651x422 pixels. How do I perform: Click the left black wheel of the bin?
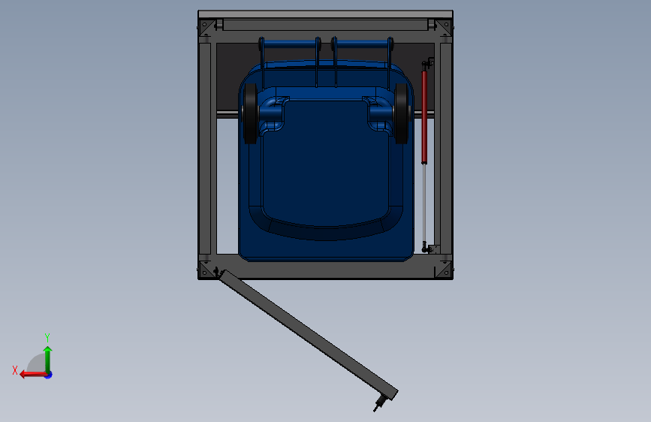(x=250, y=113)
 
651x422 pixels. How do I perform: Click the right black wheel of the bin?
(x=402, y=113)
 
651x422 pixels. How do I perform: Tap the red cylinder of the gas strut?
(x=424, y=117)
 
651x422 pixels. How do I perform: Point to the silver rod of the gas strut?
(x=424, y=203)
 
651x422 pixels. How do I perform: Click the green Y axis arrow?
(x=48, y=359)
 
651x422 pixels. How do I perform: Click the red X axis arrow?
(x=33, y=375)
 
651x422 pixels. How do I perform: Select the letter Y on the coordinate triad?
(x=47, y=337)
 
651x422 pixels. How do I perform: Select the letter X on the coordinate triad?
(x=15, y=370)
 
